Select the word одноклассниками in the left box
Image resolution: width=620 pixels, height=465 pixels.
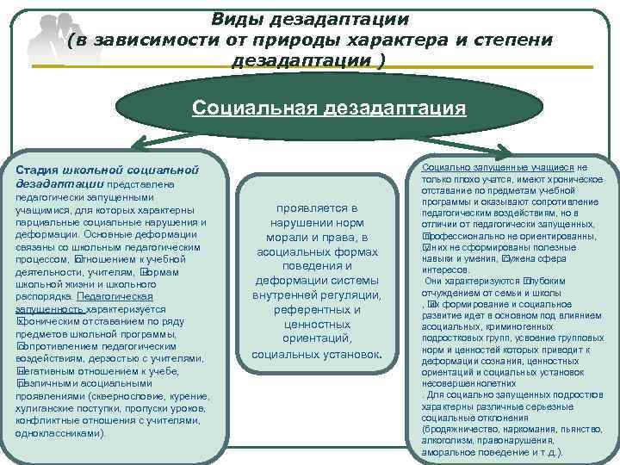(x=59, y=434)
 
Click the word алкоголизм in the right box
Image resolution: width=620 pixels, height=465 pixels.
(x=444, y=439)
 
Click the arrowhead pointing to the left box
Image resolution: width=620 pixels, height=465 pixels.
(x=127, y=146)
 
